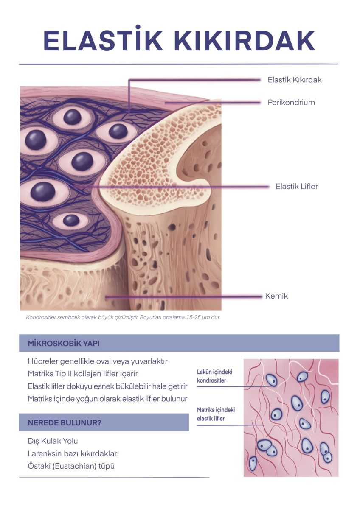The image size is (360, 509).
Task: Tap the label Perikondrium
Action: pyautogui.click(x=291, y=102)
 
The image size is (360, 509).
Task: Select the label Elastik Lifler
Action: pyautogui.click(x=297, y=186)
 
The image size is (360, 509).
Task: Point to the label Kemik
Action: pyautogui.click(x=276, y=296)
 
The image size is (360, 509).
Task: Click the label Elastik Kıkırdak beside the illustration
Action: pyautogui.click(x=295, y=80)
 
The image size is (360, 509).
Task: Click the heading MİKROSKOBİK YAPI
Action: pyautogui.click(x=63, y=344)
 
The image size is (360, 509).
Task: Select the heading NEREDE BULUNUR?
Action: pyautogui.click(x=64, y=423)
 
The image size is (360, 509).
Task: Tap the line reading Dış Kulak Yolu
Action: pyautogui.click(x=53, y=441)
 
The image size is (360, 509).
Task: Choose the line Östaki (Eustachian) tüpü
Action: pyautogui.click(x=71, y=466)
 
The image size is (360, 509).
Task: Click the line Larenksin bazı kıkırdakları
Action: pyautogui.click(x=73, y=453)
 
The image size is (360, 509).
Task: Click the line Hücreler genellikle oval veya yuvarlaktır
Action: pyautogui.click(x=98, y=361)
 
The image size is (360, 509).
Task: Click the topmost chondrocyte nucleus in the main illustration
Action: pyautogui.click(x=72, y=117)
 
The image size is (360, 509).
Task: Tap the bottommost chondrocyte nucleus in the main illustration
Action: pyautogui.click(x=71, y=220)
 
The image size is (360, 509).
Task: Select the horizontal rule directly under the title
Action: pyautogui.click(x=178, y=64)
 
